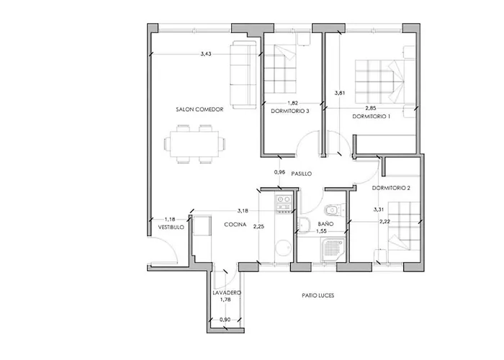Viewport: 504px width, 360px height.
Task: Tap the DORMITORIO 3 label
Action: click(x=290, y=111)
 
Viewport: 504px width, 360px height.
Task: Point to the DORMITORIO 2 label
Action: click(x=392, y=188)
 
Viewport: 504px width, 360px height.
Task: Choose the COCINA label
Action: click(x=235, y=225)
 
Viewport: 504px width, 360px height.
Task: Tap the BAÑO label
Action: click(x=325, y=225)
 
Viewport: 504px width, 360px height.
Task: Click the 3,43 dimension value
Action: click(x=206, y=54)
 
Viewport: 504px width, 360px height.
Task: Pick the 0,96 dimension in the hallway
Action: click(x=280, y=173)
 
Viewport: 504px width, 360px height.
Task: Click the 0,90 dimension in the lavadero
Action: click(x=225, y=318)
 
